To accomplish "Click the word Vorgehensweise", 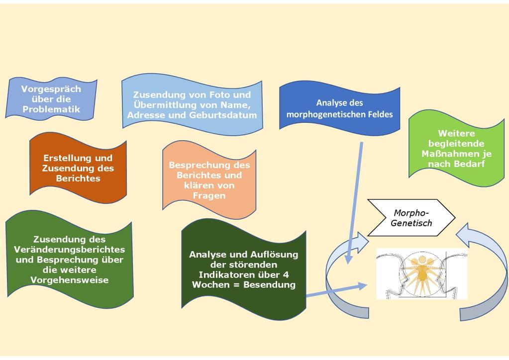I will click(70, 280).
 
